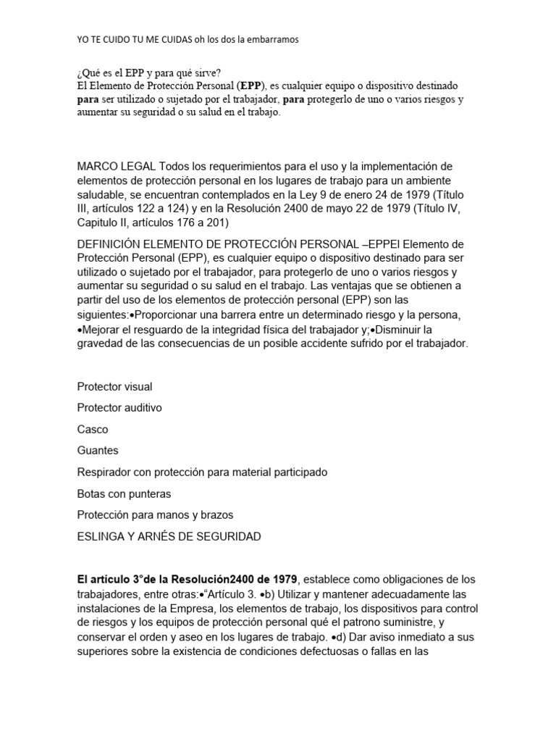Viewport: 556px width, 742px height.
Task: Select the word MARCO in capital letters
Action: [x=96, y=167]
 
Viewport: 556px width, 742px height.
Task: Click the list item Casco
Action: [x=93, y=429]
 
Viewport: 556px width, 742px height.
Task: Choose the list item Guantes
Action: [x=98, y=450]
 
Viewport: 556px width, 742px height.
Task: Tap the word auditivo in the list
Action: [x=142, y=408]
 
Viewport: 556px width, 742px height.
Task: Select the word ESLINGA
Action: [x=101, y=536]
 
